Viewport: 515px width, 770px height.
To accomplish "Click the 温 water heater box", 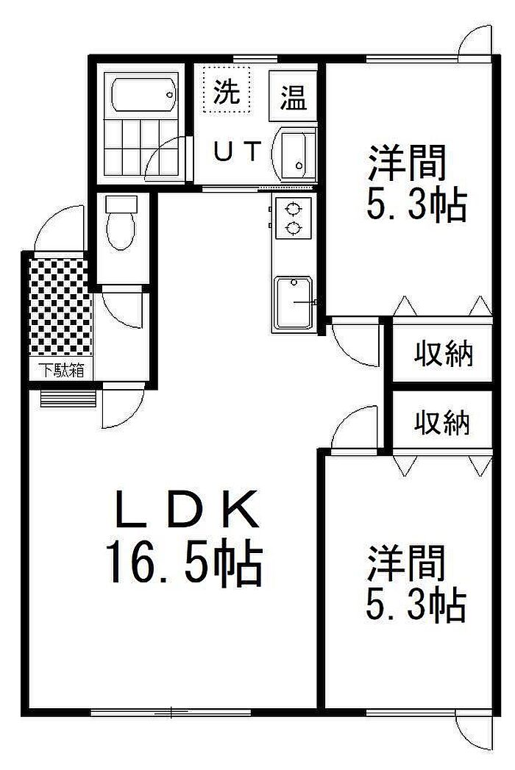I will [x=292, y=96].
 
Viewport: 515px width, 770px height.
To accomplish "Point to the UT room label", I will [x=237, y=151].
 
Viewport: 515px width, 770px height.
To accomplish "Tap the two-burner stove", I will [x=292, y=218].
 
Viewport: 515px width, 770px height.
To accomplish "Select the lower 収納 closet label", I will [x=442, y=422].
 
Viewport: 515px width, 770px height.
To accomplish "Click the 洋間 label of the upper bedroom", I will [x=408, y=163].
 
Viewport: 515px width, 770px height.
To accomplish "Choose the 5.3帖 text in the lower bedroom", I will [x=416, y=606].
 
